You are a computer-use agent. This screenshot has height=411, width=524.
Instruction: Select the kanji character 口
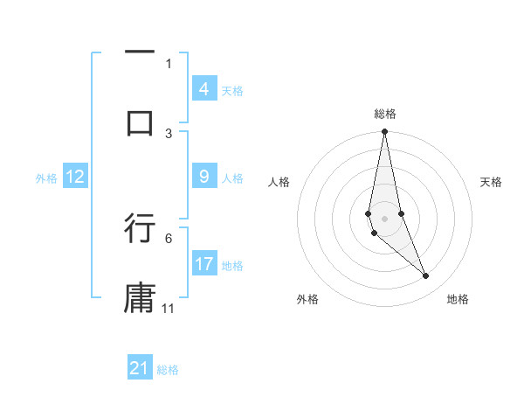pos(140,122)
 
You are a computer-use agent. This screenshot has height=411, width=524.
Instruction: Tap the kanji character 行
pos(140,227)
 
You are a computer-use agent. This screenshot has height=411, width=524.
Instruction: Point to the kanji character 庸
pos(140,297)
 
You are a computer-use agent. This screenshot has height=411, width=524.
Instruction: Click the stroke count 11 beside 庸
pos(169,309)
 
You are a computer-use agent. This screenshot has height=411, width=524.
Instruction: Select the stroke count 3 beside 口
pos(169,133)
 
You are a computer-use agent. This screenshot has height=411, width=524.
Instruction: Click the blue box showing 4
pos(203,89)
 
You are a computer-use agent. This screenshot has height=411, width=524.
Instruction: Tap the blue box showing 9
pos(203,177)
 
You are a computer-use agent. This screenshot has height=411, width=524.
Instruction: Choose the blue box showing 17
pos(204,264)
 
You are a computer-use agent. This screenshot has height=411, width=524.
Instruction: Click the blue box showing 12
pos(75,177)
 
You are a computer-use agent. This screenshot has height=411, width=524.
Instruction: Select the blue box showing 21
pos(140,368)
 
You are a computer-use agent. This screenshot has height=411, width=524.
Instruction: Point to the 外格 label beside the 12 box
pos(46,178)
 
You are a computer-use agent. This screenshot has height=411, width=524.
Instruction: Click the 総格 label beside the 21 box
pos(168,370)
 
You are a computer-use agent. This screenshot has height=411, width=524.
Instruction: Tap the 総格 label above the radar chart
pos(385,114)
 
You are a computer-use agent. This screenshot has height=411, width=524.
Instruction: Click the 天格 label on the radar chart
pos(492,182)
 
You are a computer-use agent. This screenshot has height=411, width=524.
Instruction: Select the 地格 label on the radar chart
pos(458,299)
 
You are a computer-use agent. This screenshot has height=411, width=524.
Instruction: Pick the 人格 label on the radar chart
pos(279,182)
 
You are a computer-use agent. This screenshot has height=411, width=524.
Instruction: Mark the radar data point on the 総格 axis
pos(384,132)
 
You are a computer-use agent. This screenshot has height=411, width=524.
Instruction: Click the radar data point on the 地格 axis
pos(426,276)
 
